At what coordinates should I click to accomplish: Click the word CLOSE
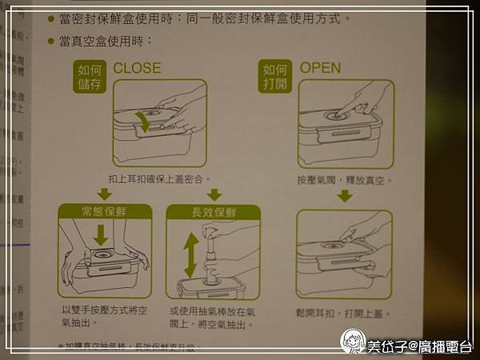pos(137,68)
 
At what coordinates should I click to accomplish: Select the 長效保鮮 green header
pos(213,212)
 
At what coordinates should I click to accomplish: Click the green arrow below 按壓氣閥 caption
pos(344,196)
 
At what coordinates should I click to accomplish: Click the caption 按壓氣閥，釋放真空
pos(344,180)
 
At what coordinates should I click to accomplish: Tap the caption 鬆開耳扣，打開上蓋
pos(344,311)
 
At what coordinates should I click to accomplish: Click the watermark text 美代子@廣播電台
pos(419,346)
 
